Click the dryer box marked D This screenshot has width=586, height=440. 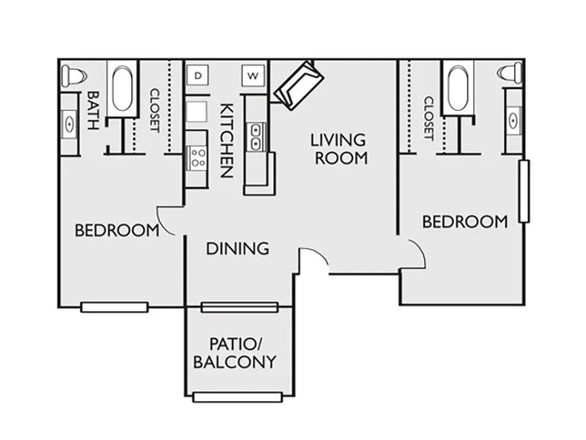click(198, 76)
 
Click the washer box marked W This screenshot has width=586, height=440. click(253, 76)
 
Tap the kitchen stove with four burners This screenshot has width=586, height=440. click(197, 158)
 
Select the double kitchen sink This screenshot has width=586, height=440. click(256, 137)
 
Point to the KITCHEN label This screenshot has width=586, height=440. click(227, 140)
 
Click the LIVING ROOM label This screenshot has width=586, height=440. click(339, 149)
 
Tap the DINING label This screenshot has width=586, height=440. click(237, 249)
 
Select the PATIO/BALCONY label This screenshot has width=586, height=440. click(234, 353)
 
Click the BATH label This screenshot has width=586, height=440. click(93, 111)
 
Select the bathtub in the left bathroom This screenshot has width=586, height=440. click(122, 89)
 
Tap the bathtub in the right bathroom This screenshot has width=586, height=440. click(458, 88)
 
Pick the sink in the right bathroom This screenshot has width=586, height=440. click(513, 120)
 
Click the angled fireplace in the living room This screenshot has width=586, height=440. click(299, 85)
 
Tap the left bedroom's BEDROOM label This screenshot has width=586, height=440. click(117, 230)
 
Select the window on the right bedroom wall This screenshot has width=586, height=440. click(524, 191)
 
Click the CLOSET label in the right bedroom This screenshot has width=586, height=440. click(429, 118)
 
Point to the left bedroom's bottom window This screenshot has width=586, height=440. click(114, 307)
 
